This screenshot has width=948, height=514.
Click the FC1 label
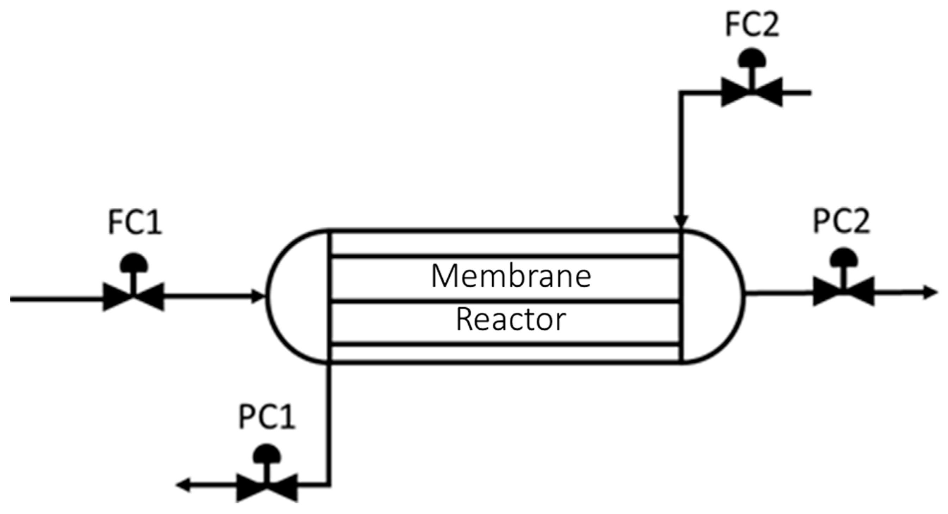click(x=135, y=223)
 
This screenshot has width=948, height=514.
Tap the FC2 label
click(x=752, y=25)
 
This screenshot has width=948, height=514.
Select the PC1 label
click(x=267, y=417)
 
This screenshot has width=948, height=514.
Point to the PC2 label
click(x=841, y=221)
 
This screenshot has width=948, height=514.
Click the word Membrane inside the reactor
click(x=511, y=276)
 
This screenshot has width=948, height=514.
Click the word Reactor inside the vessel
click(x=511, y=320)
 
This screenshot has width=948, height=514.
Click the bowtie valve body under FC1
click(x=134, y=297)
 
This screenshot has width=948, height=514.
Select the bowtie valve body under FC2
click(x=751, y=92)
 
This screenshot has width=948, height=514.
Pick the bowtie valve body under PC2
click(x=843, y=292)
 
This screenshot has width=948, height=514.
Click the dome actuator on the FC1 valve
click(x=134, y=262)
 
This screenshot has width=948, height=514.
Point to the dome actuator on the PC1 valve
click(x=267, y=453)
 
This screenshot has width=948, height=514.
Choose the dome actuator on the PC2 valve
click(x=843, y=258)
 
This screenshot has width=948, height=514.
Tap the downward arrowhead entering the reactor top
click(x=681, y=222)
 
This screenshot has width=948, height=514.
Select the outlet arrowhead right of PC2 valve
click(x=930, y=293)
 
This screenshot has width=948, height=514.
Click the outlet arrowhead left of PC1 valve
click(x=183, y=486)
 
